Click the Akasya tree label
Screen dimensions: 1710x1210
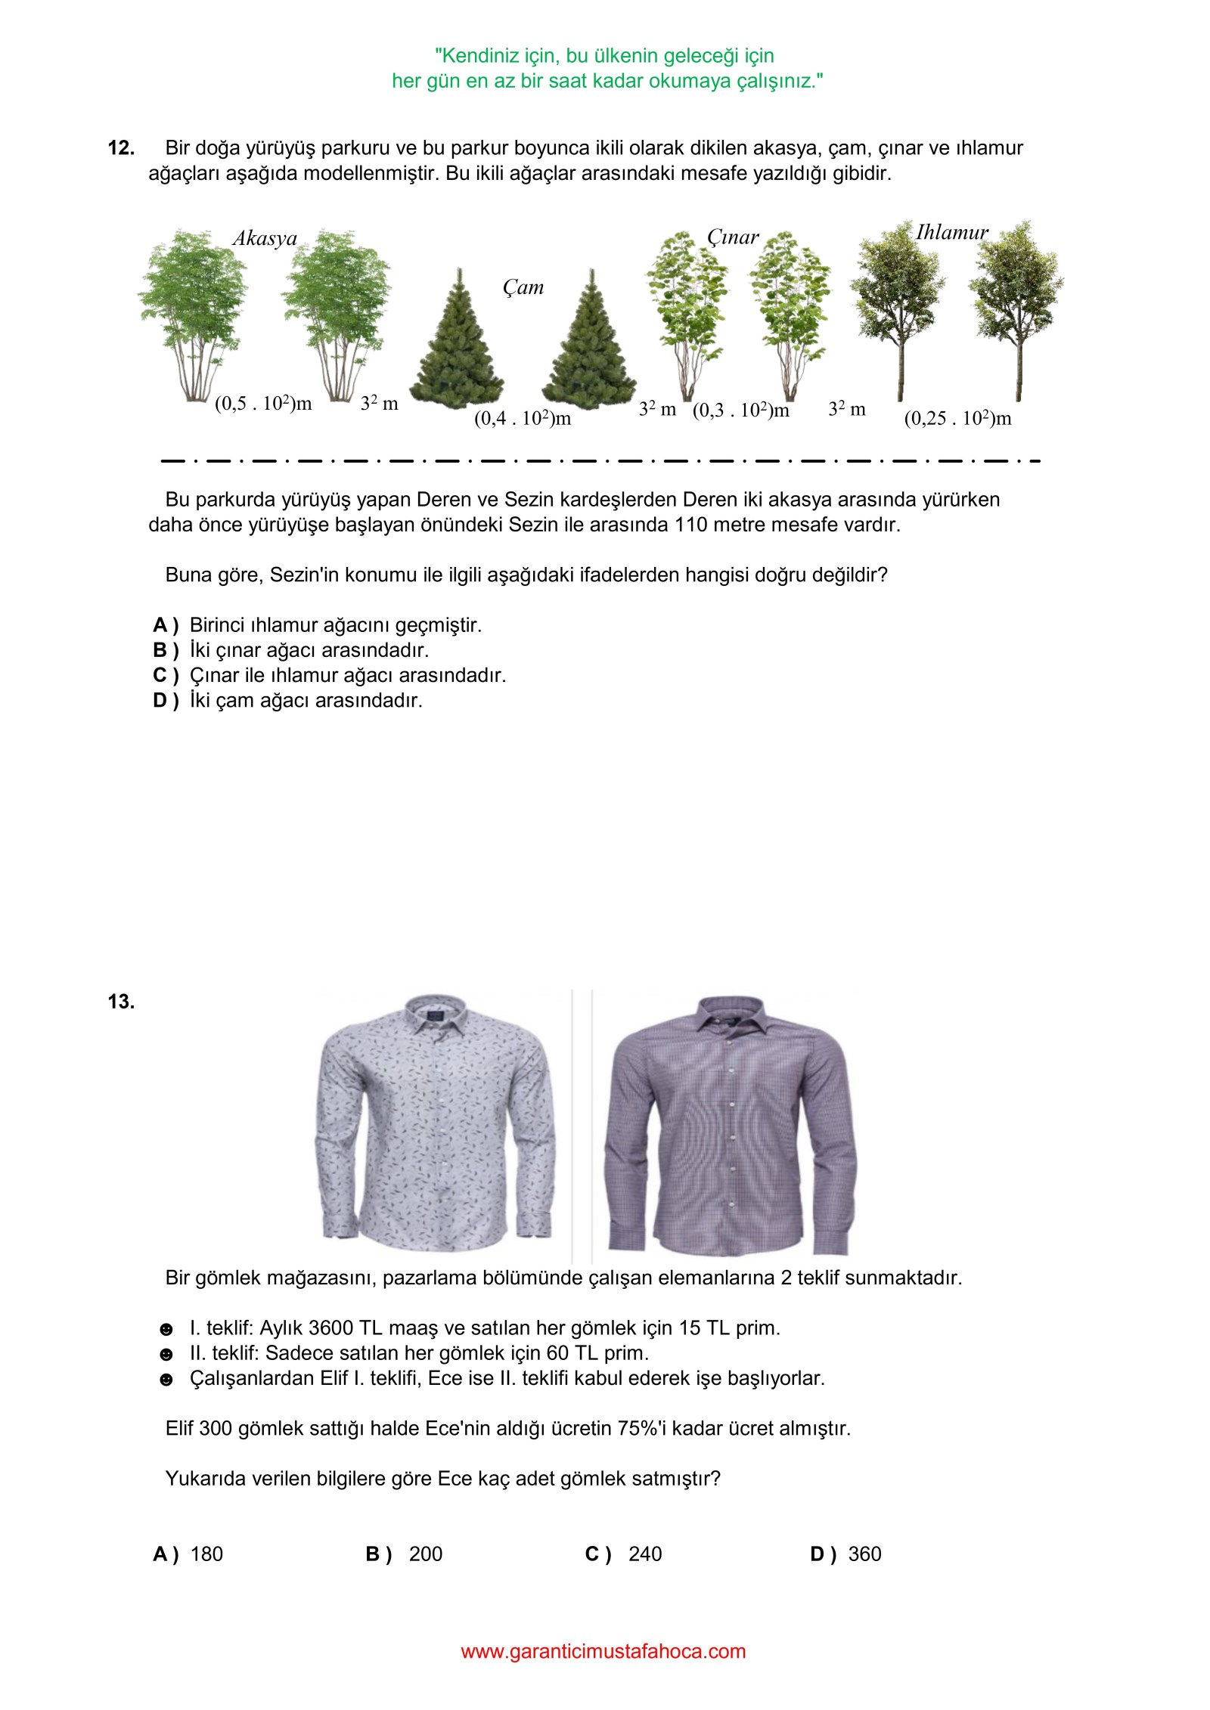[265, 239]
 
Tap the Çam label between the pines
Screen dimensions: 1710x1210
[523, 288]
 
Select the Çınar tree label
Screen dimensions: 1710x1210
[732, 237]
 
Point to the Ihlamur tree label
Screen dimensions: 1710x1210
[951, 232]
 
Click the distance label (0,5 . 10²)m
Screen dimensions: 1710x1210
[263, 404]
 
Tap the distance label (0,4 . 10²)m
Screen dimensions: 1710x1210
[522, 418]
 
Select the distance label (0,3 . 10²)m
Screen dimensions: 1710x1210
[740, 410]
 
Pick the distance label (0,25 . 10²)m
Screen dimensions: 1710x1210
[957, 418]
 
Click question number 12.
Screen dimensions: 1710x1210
[121, 148]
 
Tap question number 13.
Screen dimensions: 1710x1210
[121, 1002]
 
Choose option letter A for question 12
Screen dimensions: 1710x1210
[164, 625]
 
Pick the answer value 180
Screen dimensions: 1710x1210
[206, 1554]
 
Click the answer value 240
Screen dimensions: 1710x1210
[644, 1554]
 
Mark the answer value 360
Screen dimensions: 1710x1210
[864, 1554]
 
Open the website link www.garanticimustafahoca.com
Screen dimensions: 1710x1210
[603, 1652]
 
